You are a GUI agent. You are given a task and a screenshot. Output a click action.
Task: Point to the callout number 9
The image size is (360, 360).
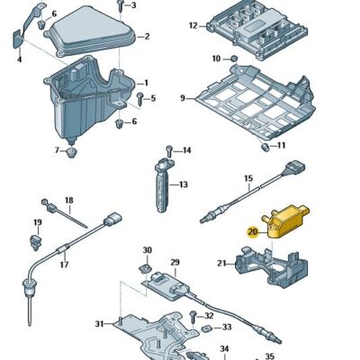click(182, 97)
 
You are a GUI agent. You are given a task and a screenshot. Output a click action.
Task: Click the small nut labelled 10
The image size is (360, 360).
click(234, 59)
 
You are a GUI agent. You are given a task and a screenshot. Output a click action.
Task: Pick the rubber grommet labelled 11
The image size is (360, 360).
click(265, 145)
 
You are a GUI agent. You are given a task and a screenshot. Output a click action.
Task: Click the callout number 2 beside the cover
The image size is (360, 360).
click(147, 36)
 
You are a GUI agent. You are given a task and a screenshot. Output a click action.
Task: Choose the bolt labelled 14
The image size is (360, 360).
click(168, 149)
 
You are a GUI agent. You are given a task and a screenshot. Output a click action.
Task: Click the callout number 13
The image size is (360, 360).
click(183, 185)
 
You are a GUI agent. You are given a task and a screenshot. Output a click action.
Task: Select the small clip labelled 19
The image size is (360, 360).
click(37, 240)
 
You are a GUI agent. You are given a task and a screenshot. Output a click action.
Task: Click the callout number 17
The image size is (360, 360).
click(64, 265)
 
